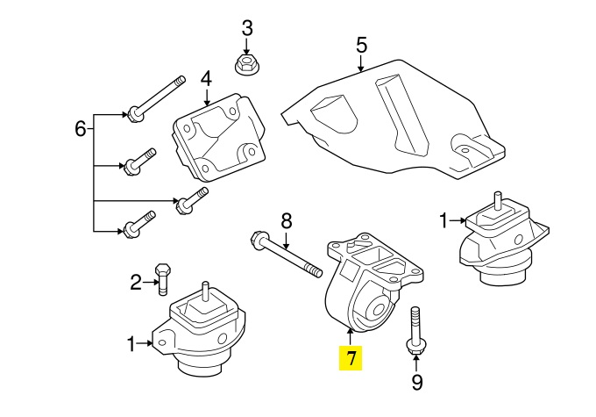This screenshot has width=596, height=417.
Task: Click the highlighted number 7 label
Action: pyautogui.click(x=351, y=358)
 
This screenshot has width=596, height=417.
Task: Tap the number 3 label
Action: pyautogui.click(x=246, y=27)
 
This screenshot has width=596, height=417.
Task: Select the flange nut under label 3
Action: pyautogui.click(x=246, y=63)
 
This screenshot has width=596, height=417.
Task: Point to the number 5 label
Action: pyautogui.click(x=360, y=43)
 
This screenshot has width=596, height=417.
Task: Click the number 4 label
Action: pyautogui.click(x=206, y=80)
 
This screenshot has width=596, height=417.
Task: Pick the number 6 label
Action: pyautogui.click(x=81, y=130)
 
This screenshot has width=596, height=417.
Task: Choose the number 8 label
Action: pyautogui.click(x=285, y=221)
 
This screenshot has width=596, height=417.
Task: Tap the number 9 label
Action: pyautogui.click(x=416, y=382)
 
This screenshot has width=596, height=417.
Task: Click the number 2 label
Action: pyautogui.click(x=136, y=283)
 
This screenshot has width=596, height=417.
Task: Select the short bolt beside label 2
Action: pyautogui.click(x=162, y=277)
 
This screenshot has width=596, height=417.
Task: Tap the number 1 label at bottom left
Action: pyautogui.click(x=131, y=345)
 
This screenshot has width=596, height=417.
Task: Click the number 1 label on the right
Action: pyautogui.click(x=443, y=219)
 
